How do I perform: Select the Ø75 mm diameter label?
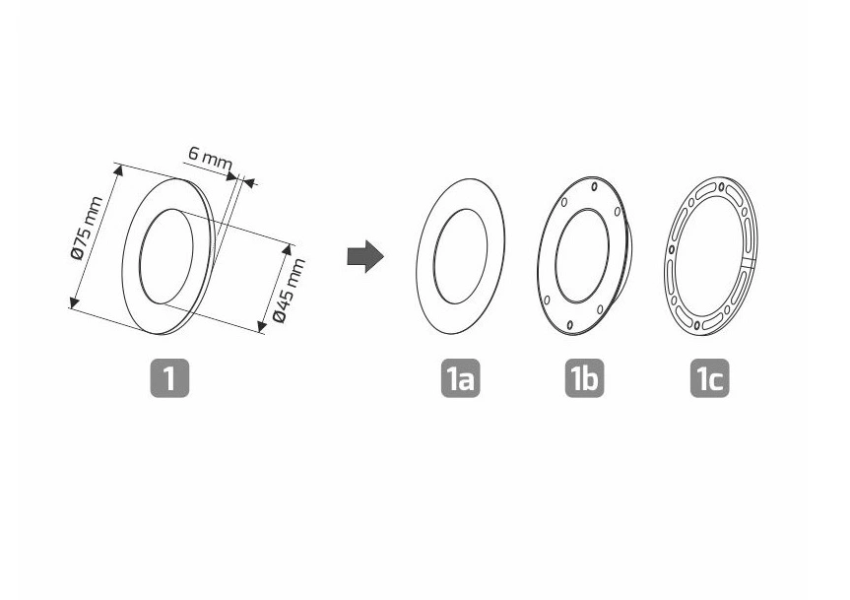[x=87, y=228]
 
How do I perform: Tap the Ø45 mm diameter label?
[x=289, y=291]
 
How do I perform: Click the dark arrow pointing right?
[x=365, y=256]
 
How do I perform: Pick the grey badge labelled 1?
[x=169, y=377]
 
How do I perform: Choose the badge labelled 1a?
[x=460, y=377]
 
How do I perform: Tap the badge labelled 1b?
[x=584, y=377]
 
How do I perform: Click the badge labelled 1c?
[x=709, y=377]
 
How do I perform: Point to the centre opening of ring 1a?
[x=460, y=256]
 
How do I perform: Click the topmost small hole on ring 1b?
[x=595, y=187]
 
